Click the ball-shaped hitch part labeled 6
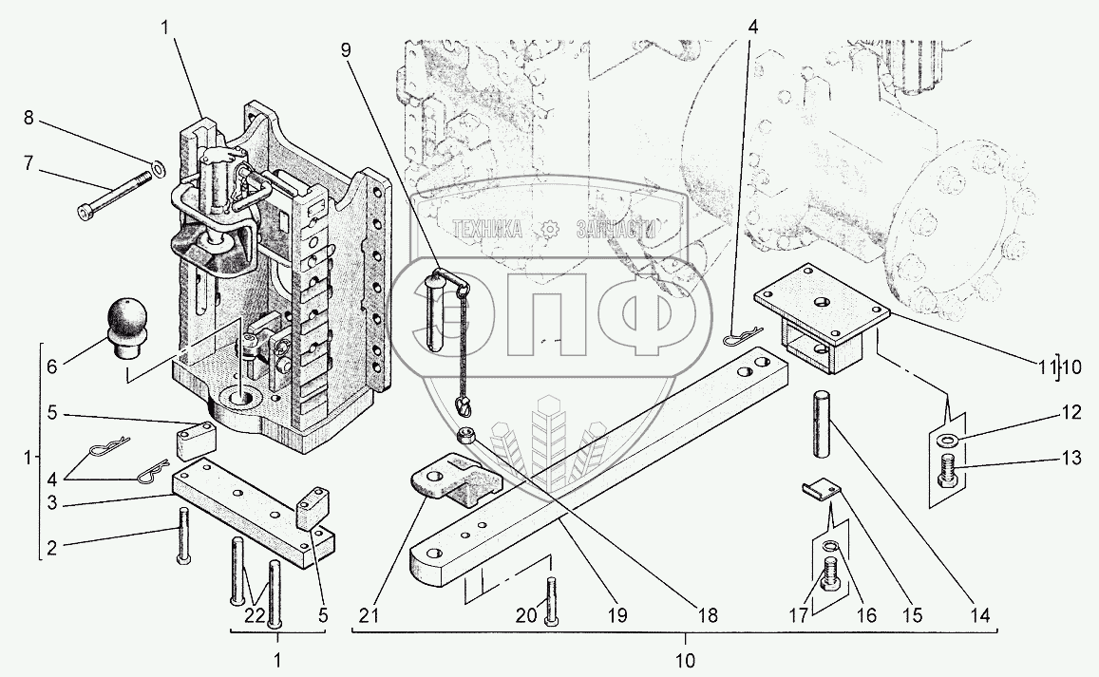[x=127, y=328]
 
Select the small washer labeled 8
[x=159, y=168]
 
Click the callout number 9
[x=346, y=49]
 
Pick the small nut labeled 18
[x=464, y=435]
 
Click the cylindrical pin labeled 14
[x=823, y=424]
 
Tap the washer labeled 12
[x=947, y=440]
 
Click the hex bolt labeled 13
[x=948, y=471]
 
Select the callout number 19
[x=617, y=616]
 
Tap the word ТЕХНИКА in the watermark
[x=487, y=228]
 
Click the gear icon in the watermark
[x=549, y=229]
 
